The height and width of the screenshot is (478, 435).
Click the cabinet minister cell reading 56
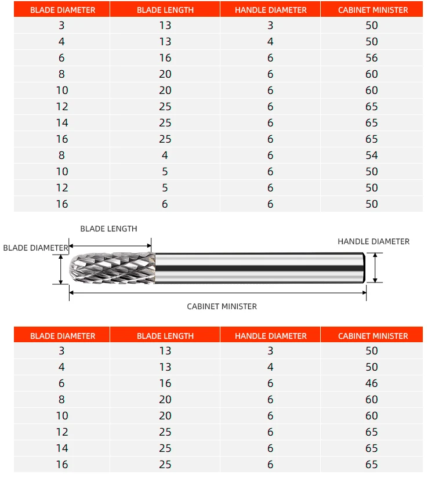372,58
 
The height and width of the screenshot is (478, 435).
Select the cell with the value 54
372,155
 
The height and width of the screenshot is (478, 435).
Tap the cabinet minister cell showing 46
372,383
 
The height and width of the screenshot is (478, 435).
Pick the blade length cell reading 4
165,155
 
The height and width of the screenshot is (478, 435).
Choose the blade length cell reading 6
165,204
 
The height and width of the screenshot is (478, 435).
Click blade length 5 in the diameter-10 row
165,172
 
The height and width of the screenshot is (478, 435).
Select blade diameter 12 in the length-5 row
62,188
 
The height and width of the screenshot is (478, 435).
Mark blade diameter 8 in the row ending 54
62,155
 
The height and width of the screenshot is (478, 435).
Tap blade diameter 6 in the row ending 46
62,383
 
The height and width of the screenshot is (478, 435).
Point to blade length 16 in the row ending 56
165,58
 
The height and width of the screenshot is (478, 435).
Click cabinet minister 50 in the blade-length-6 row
372,204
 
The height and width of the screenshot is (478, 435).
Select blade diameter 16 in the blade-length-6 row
62,204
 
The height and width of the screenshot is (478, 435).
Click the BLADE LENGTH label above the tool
108,229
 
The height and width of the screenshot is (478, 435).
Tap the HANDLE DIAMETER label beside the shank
374,241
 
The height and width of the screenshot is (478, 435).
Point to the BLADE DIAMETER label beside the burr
35,248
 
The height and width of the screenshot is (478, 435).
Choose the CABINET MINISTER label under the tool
222,306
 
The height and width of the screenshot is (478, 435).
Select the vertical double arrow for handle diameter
375,267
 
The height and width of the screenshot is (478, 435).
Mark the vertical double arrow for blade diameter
60,269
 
